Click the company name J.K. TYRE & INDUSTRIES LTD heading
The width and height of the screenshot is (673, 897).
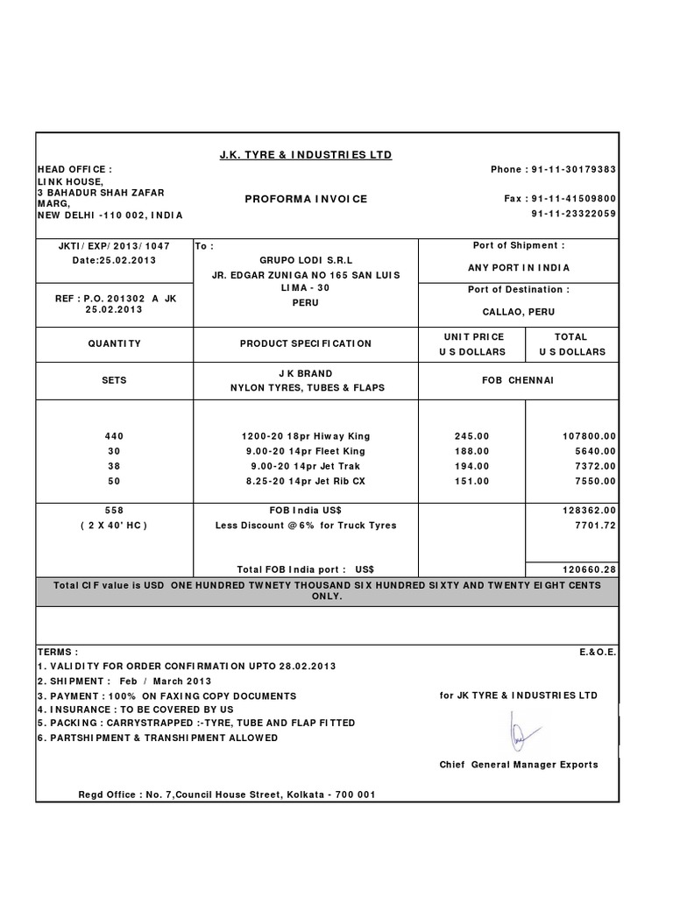click(x=305, y=155)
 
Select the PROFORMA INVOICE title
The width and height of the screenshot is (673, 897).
click(x=305, y=199)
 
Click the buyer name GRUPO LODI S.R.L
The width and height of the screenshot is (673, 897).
click(x=305, y=260)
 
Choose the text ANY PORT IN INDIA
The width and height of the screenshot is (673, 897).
click(x=519, y=267)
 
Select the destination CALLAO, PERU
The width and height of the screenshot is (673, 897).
click(x=519, y=311)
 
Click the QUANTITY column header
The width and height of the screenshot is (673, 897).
click(x=115, y=343)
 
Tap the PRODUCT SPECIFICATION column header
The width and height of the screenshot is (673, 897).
click(x=305, y=343)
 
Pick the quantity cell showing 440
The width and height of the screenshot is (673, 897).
click(x=115, y=435)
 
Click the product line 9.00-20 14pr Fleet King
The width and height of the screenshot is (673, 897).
click(x=305, y=451)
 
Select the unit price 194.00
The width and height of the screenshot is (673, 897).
click(x=472, y=466)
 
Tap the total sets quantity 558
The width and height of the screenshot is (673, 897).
click(x=115, y=510)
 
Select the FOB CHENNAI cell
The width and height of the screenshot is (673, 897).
click(x=519, y=381)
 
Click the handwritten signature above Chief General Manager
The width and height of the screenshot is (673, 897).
click(x=521, y=730)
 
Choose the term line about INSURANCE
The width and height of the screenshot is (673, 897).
click(x=135, y=709)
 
